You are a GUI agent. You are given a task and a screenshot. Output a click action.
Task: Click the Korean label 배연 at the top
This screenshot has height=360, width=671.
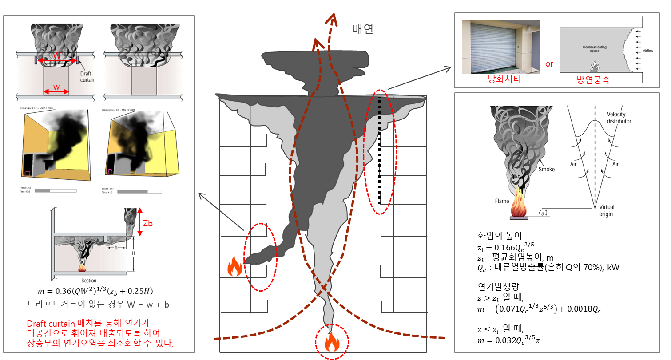pyautogui.click(x=363, y=29)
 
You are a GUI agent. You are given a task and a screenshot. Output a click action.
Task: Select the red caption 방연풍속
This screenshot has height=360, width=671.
pyautogui.click(x=594, y=79)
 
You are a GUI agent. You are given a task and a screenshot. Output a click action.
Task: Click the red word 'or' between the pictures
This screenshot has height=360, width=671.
pyautogui.click(x=549, y=64)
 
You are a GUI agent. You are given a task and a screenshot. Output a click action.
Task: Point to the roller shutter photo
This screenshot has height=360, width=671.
pyautogui.click(x=500, y=47)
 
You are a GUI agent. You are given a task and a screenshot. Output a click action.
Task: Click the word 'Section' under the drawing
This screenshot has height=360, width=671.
pyautogui.click(x=89, y=281)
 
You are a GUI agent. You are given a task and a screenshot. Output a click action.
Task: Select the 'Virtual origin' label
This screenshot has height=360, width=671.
pyautogui.click(x=606, y=210)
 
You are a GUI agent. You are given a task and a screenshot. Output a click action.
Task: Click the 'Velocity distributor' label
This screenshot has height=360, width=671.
pyautogui.click(x=619, y=118)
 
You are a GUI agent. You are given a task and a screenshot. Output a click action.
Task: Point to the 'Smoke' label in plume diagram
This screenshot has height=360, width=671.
pyautogui.click(x=546, y=169)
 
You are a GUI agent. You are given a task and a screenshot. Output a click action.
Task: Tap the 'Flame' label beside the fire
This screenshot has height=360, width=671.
pyautogui.click(x=502, y=201)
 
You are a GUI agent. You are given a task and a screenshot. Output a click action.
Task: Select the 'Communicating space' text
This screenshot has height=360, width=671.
pyautogui.click(x=595, y=48)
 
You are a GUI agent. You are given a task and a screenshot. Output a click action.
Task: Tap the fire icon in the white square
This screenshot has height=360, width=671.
pyautogui.click(x=233, y=265)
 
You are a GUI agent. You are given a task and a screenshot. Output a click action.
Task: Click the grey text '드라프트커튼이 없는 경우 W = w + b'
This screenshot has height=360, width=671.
pyautogui.click(x=98, y=305)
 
